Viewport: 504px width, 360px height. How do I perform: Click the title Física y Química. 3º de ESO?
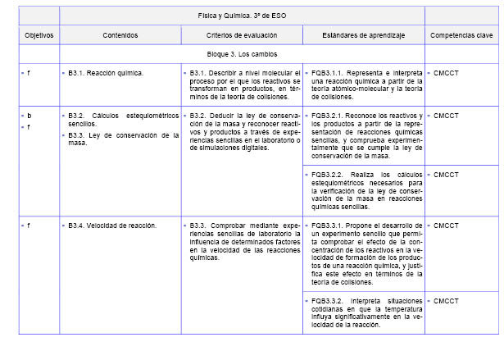(242, 16)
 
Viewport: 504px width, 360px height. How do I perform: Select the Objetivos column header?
(39, 36)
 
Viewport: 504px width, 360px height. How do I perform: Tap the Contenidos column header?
(120, 36)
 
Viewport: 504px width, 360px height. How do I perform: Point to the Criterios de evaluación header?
(242, 36)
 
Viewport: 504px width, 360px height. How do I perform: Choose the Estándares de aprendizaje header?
(363, 36)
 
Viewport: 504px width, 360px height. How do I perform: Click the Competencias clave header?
(461, 36)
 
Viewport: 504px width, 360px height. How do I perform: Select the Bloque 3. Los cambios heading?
(242, 54)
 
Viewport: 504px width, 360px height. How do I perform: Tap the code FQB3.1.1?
(329, 72)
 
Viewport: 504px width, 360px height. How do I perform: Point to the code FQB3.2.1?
(329, 116)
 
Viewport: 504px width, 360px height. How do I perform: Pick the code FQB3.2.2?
(329, 175)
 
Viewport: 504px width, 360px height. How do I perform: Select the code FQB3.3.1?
(329, 225)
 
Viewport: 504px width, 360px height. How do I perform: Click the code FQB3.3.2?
(329, 301)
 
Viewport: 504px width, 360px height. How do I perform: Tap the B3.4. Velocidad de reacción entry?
(113, 225)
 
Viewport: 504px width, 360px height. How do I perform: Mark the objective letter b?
(30, 116)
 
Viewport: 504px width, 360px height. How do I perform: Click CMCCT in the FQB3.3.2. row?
(447, 301)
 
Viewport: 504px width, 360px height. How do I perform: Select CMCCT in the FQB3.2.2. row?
(447, 175)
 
